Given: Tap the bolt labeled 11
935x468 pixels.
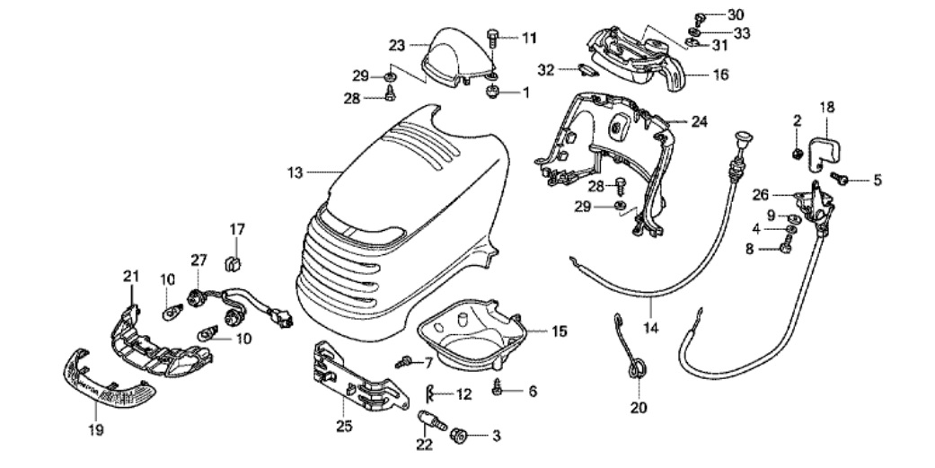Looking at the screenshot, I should tap(493, 38).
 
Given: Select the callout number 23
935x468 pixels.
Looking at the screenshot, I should tap(397, 45).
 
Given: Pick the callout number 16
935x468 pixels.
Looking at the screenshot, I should tap(721, 75).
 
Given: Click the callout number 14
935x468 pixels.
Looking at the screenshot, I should tap(650, 328).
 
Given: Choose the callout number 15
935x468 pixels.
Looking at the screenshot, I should tap(560, 331).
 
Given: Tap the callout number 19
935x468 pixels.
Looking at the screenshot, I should tap(96, 430).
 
